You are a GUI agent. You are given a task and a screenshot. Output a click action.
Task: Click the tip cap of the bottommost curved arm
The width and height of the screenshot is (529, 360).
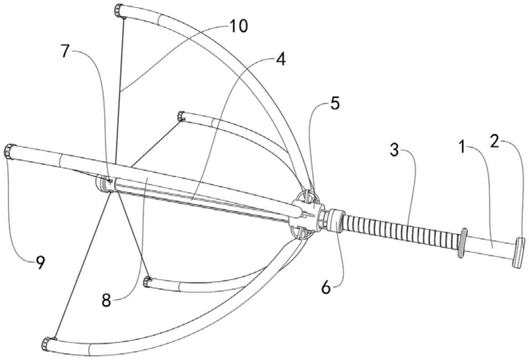48,344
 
